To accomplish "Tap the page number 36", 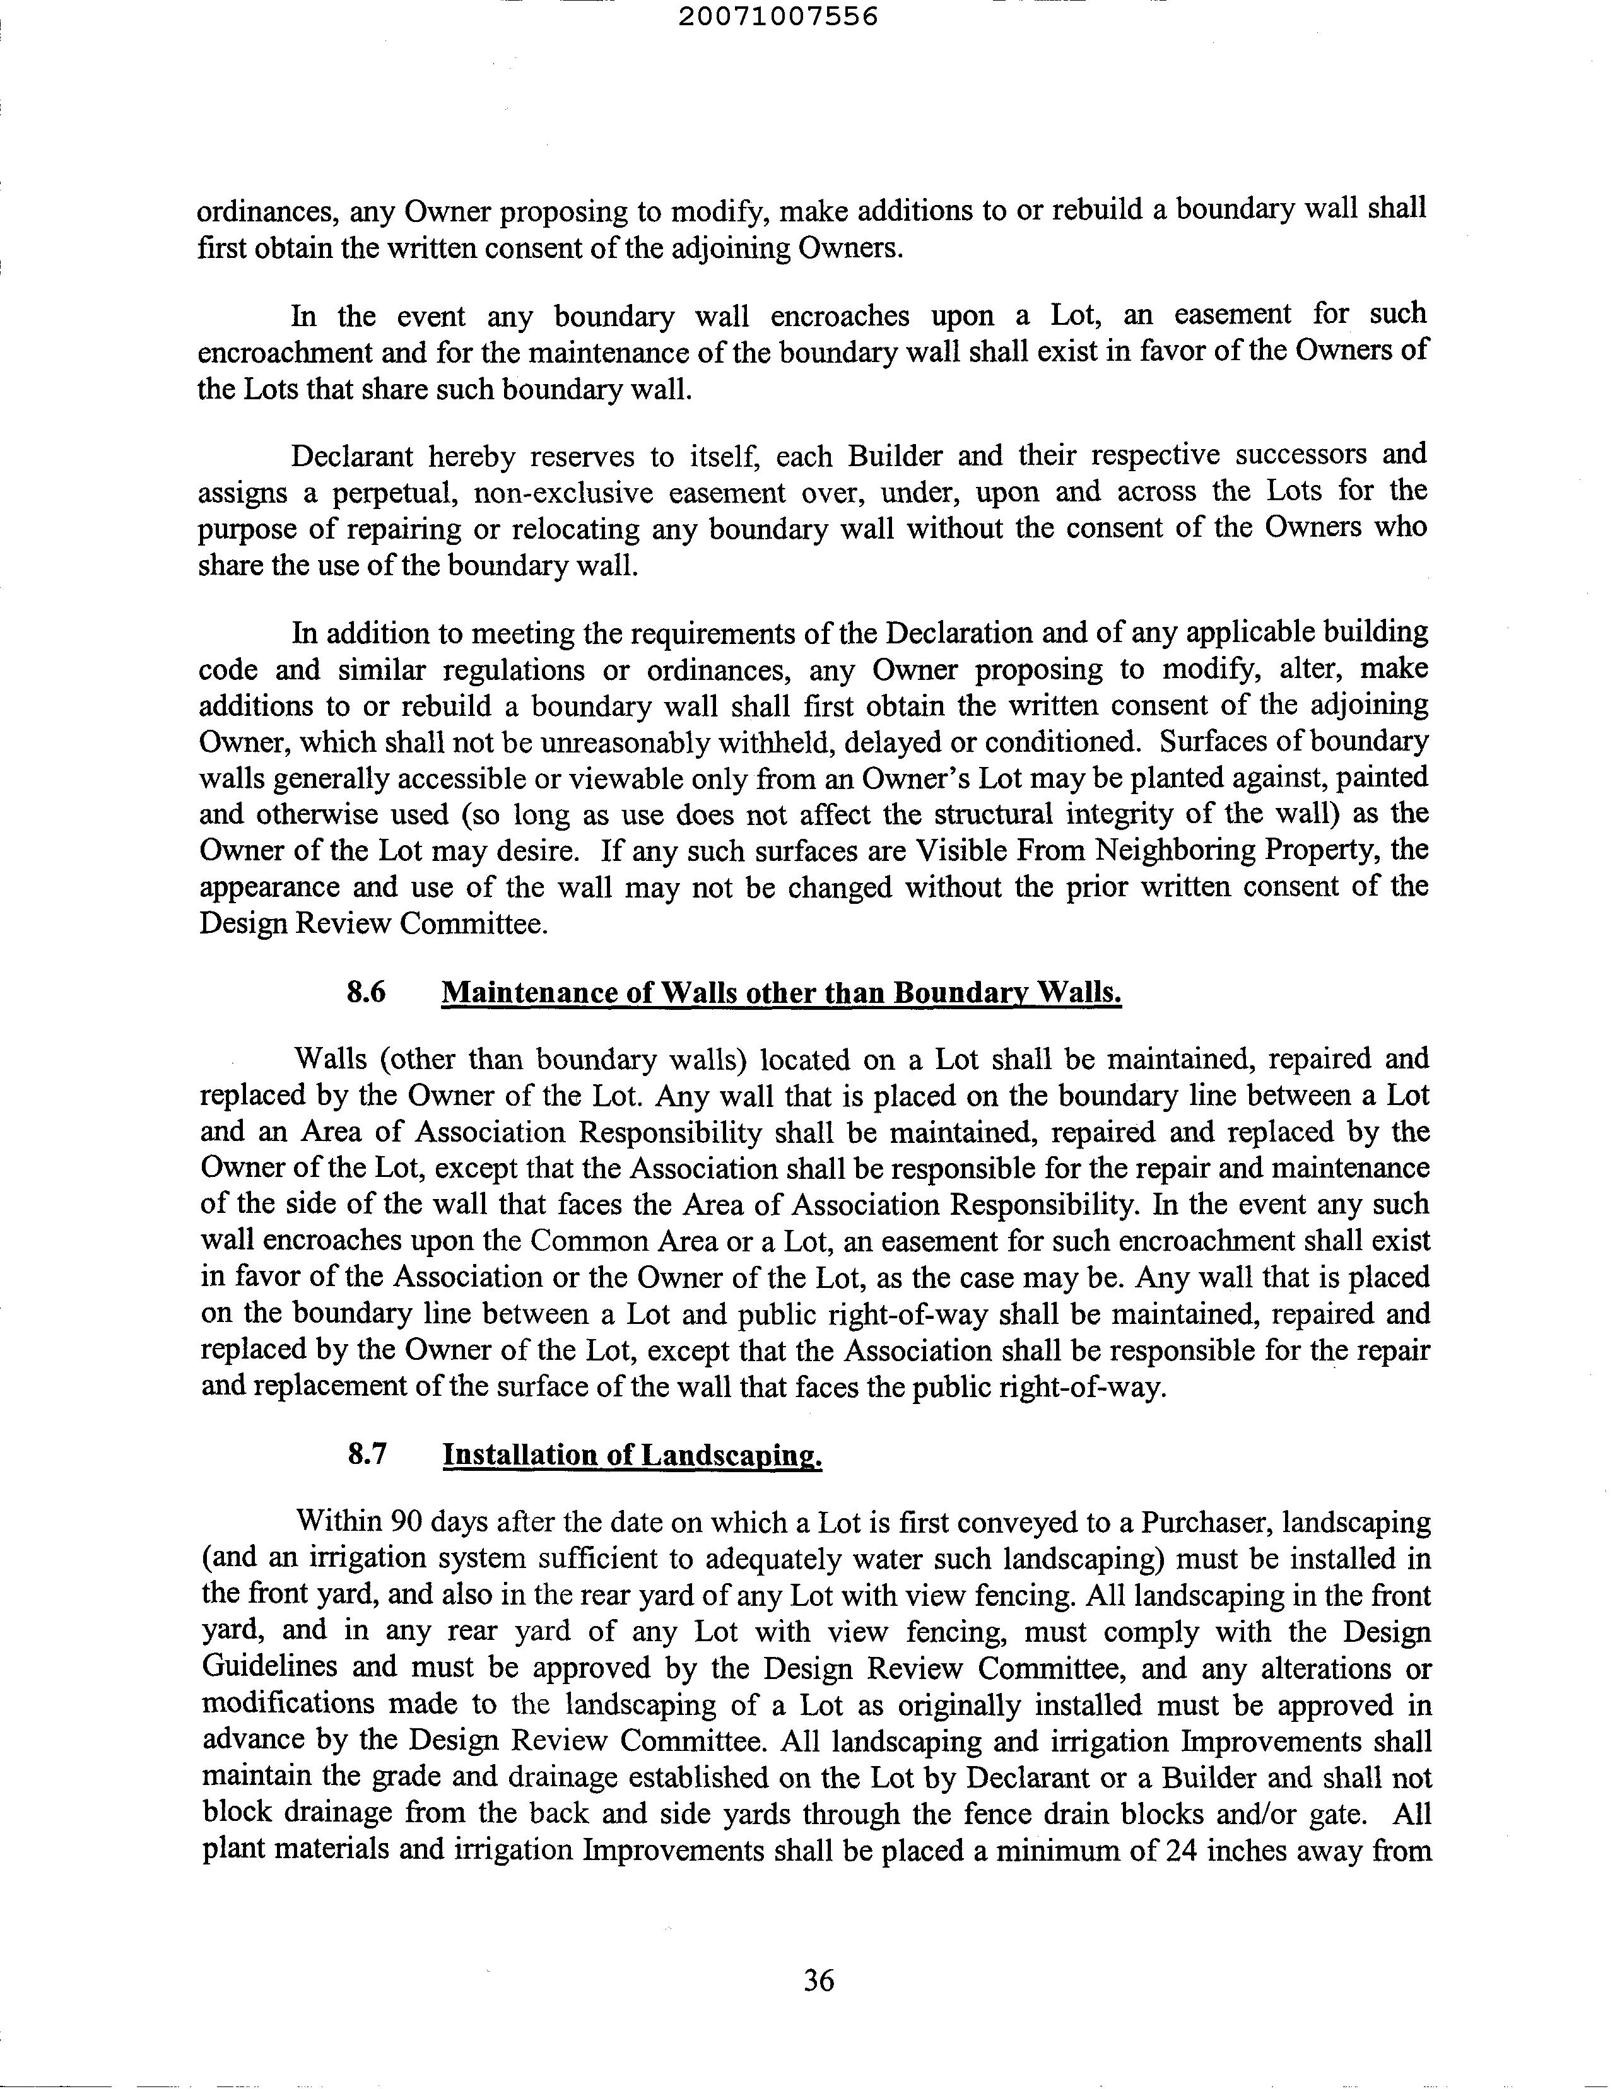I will pos(818,1979).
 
